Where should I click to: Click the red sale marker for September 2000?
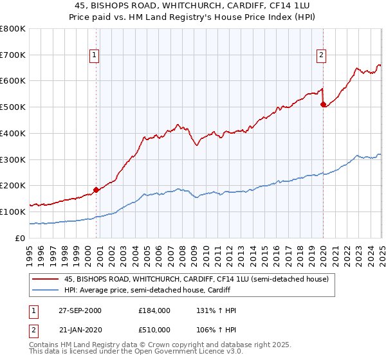(96, 190)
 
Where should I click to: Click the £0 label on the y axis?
(20, 238)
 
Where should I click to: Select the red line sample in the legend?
(46, 279)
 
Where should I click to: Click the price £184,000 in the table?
(154, 310)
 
